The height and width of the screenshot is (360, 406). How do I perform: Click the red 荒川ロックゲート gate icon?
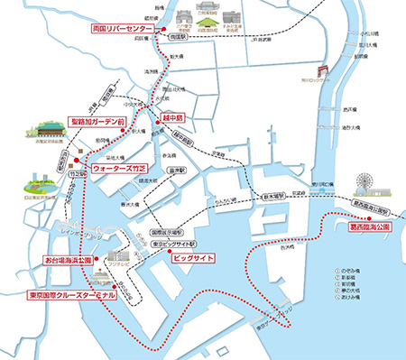(322, 73)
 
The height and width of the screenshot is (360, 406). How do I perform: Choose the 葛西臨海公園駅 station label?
(372, 212)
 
